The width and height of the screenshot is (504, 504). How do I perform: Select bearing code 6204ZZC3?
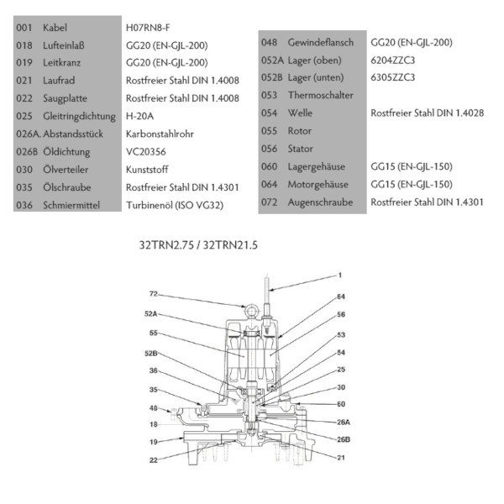click(x=393, y=60)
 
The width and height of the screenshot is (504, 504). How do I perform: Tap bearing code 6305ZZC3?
click(x=393, y=77)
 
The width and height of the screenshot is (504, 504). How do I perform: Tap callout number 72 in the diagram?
click(x=154, y=295)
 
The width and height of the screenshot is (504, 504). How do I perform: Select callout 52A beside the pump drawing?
click(x=154, y=314)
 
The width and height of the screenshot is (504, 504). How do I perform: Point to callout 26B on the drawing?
click(x=344, y=438)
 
